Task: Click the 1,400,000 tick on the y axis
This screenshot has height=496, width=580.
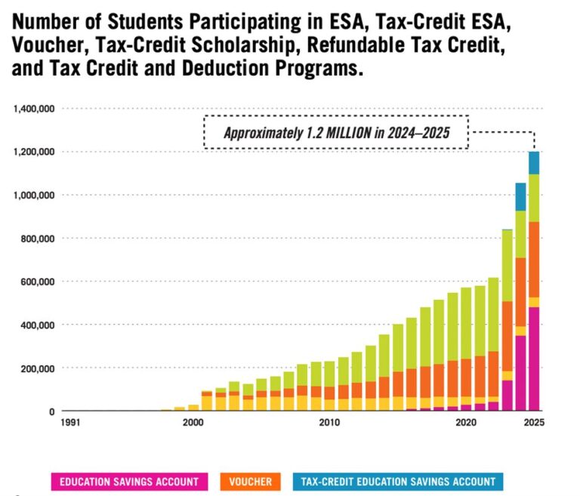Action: (x=34, y=109)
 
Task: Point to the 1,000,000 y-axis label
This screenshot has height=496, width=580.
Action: (x=34, y=196)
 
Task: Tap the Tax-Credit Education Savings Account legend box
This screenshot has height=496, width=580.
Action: (x=398, y=481)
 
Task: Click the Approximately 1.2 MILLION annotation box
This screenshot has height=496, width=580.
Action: (x=336, y=133)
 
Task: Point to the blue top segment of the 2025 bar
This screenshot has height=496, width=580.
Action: (x=534, y=162)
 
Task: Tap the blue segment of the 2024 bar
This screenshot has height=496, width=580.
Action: (x=520, y=197)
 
